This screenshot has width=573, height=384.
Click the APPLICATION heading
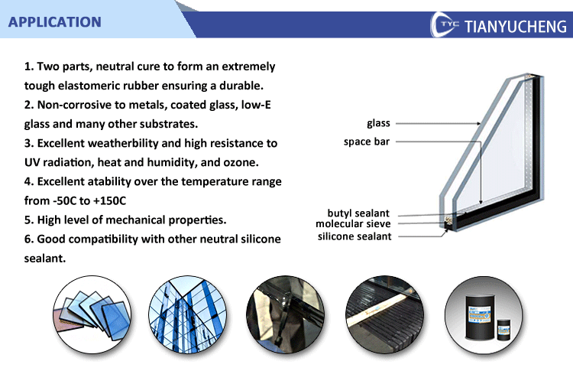(55, 22)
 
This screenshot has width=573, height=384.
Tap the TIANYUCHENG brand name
(516, 26)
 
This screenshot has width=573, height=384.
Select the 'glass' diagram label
(379, 123)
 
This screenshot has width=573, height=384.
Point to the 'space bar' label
(367, 142)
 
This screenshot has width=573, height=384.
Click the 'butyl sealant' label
(358, 213)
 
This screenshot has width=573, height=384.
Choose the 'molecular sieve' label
(353, 223)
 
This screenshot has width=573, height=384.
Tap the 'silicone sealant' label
(354, 236)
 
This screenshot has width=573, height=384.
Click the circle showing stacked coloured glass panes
(92, 315)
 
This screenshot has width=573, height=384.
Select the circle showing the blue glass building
(187, 315)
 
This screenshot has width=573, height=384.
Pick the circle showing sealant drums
(484, 315)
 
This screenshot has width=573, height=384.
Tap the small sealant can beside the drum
(504, 330)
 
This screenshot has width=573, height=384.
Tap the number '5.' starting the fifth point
(29, 220)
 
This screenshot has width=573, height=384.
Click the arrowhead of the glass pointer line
(478, 124)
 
